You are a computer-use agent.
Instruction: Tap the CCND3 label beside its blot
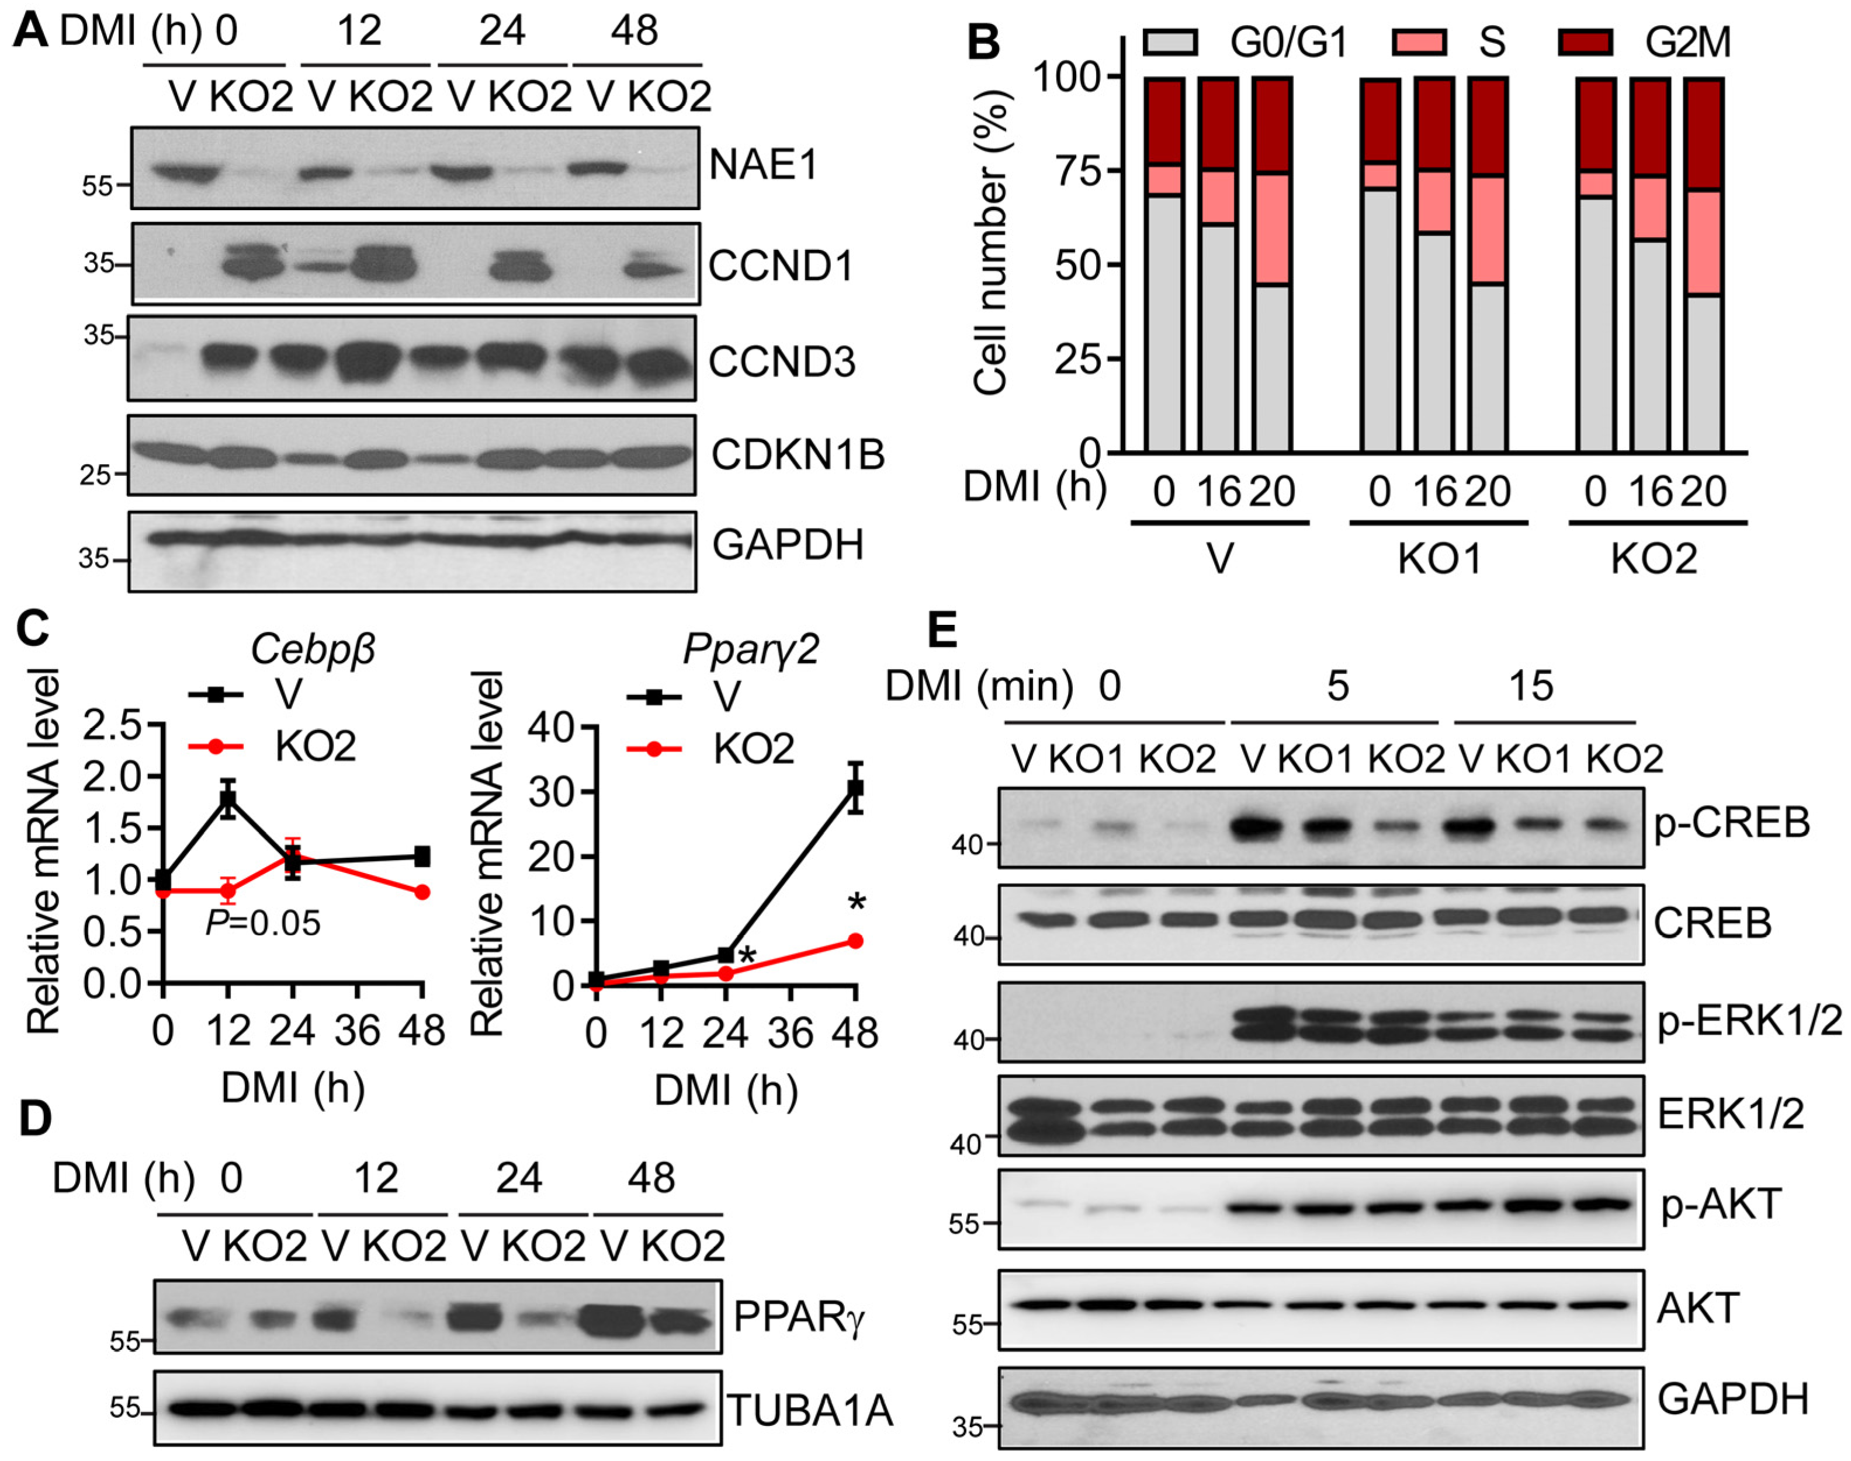781,362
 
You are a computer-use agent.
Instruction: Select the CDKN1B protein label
798,454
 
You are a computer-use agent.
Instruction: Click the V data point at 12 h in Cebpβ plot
228,799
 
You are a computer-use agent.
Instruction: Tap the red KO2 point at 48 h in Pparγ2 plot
855,941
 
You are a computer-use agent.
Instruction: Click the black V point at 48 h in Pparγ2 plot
855,788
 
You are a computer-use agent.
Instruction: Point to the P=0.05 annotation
263,923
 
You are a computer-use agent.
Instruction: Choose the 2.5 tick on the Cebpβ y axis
122,726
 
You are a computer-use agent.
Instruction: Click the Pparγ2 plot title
750,649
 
